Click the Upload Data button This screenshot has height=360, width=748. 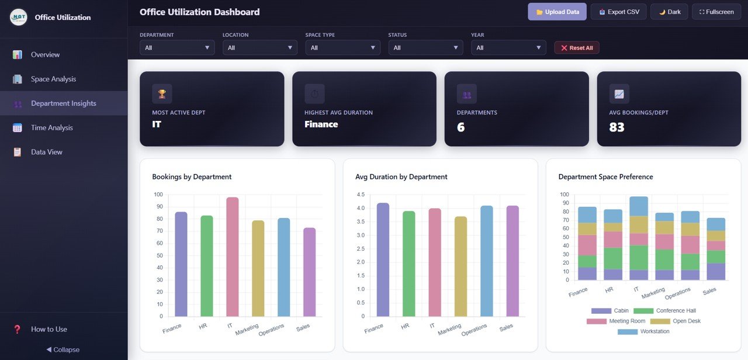(557, 12)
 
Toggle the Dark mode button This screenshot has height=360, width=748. (669, 12)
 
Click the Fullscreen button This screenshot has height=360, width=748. (716, 12)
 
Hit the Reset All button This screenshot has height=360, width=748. (576, 48)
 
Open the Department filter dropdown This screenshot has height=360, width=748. (177, 48)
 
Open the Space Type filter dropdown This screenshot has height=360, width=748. (343, 48)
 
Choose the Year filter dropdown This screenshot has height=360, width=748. (508, 48)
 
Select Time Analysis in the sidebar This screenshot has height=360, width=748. (52, 127)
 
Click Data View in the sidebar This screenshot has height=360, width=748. (47, 152)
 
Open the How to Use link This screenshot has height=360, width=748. (49, 329)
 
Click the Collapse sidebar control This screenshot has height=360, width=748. (63, 349)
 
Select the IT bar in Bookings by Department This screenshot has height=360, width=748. (233, 257)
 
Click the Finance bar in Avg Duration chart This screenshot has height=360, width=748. (383, 260)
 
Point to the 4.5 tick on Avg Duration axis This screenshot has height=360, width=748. (360, 195)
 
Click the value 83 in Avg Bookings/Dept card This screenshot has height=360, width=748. (617, 127)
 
